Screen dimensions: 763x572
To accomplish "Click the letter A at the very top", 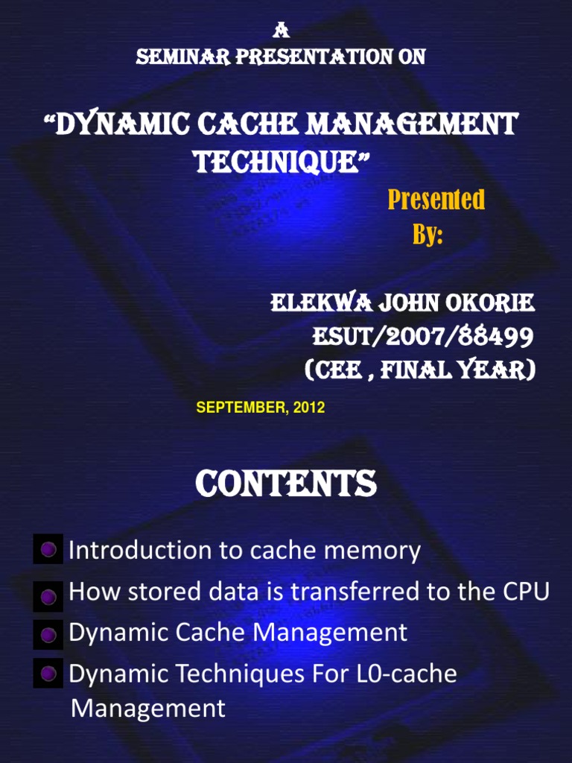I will coord(280,31).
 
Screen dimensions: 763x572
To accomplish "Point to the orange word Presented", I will coord(436,200).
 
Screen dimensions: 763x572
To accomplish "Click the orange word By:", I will coord(428,235).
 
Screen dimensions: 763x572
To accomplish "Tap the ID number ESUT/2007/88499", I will coord(422,337).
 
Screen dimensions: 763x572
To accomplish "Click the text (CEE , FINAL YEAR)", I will coord(420,370).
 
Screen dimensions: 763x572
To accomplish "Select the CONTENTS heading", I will coord(286,484).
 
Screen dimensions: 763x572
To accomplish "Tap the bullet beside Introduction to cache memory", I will coord(48,551).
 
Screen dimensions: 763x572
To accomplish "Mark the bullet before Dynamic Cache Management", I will coord(48,636).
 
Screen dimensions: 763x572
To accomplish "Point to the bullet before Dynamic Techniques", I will coord(48,674).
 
